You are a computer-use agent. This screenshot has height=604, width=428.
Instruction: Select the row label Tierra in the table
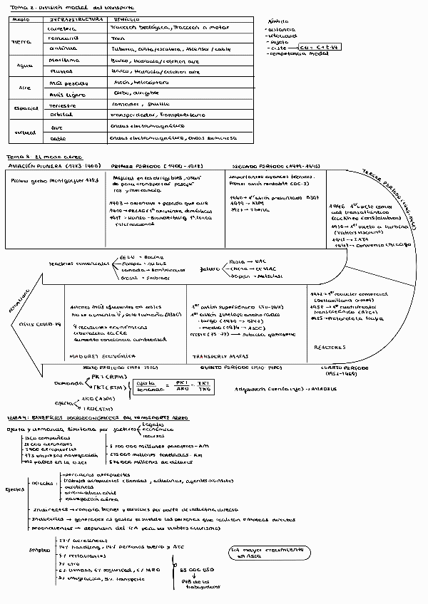(21, 41)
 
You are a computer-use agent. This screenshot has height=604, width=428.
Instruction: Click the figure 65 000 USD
(197, 571)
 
